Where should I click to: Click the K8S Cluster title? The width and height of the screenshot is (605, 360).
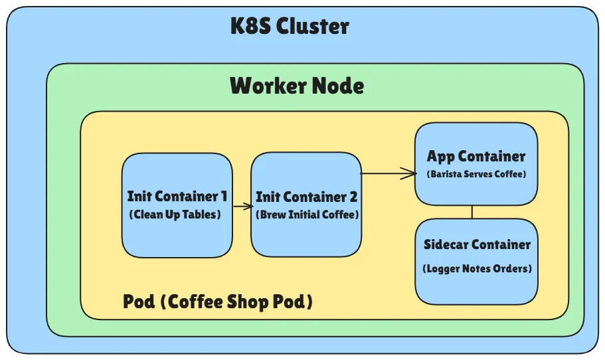pos(290,27)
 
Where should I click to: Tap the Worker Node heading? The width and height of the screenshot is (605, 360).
pos(297,86)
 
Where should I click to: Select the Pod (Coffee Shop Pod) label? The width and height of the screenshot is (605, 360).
pos(218,302)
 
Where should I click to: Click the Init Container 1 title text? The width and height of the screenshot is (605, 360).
pos(177,197)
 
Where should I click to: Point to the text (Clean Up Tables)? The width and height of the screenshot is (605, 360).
pos(177,215)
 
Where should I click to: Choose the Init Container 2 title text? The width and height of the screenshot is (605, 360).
pos(306,197)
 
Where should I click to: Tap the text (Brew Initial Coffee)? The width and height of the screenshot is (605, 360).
pos(306,215)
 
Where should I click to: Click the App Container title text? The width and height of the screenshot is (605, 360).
pos(476,157)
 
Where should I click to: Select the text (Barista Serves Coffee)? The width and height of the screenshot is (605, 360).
pos(476,174)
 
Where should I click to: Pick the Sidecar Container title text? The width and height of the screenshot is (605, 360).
pos(477,244)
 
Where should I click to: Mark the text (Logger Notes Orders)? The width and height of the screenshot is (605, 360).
pos(477,269)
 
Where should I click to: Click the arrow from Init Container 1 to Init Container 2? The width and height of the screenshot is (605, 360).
pos(242,207)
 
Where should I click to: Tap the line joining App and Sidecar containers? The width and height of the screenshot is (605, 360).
pos(472,212)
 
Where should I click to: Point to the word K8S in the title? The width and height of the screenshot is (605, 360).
pos(250,27)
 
